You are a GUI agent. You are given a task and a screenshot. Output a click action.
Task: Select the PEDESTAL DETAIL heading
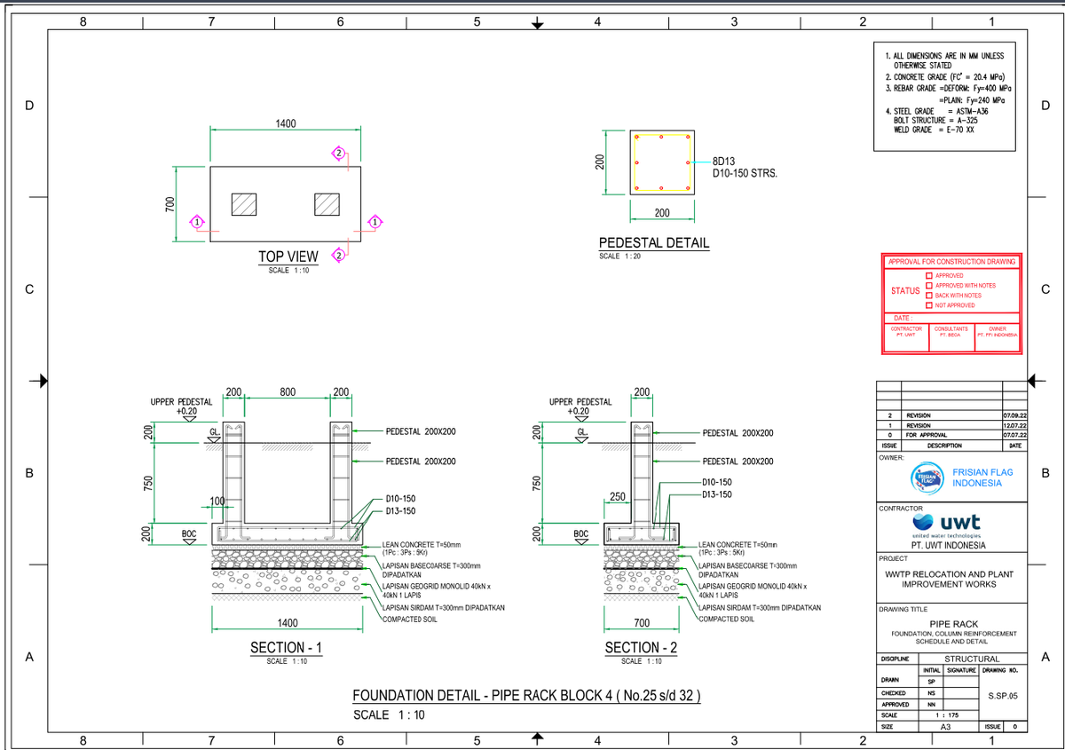pyautogui.click(x=654, y=243)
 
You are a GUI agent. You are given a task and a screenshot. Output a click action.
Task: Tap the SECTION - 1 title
pyautogui.click(x=286, y=649)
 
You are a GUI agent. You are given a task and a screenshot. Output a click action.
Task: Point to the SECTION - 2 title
pyautogui.click(x=641, y=648)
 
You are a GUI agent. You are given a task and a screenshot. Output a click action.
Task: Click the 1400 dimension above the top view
pyautogui.click(x=285, y=123)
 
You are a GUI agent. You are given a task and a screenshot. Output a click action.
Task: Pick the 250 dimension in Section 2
pyautogui.click(x=619, y=495)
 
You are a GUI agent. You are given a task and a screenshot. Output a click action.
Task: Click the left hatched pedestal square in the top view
pyautogui.click(x=243, y=204)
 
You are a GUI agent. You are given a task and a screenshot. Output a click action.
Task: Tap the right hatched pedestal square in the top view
pyautogui.click(x=327, y=204)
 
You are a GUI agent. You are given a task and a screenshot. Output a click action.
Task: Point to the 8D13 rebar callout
pyautogui.click(x=724, y=162)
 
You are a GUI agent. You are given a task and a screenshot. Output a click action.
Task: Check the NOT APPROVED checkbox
pyautogui.click(x=929, y=305)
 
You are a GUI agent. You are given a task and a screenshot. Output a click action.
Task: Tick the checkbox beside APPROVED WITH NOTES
pyautogui.click(x=929, y=286)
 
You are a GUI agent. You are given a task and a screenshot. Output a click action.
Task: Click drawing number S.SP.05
pyautogui.click(x=1002, y=695)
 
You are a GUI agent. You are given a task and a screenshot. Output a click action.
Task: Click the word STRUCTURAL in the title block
pyautogui.click(x=972, y=659)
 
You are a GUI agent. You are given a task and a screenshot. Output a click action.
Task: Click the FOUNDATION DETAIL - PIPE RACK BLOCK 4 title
pyautogui.click(x=527, y=696)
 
